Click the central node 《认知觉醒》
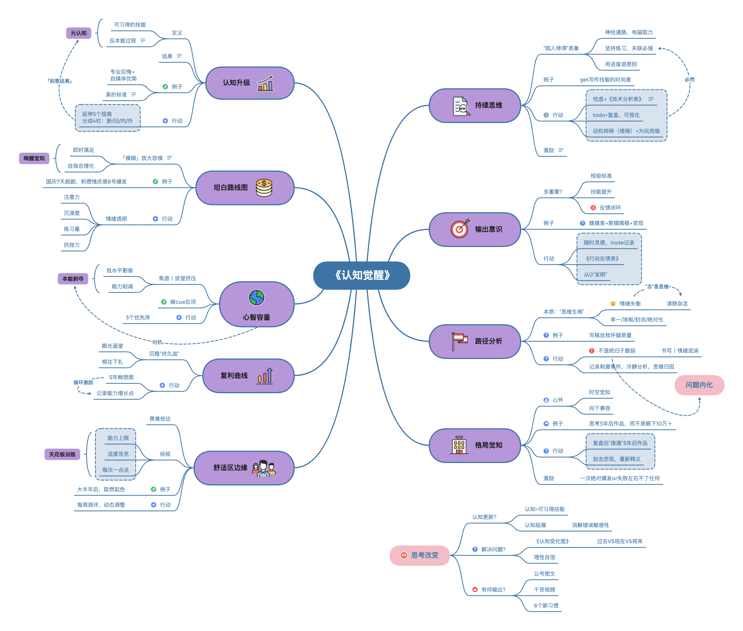[x=361, y=275]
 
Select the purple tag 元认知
[x=78, y=33]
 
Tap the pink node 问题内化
[x=699, y=385]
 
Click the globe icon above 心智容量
[x=256, y=297]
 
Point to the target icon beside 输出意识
[x=460, y=229]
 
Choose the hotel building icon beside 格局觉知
[x=459, y=445]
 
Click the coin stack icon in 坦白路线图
[x=264, y=188]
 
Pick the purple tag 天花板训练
[x=62, y=454]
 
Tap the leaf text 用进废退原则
[x=621, y=64]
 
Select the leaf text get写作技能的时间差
[x=605, y=80]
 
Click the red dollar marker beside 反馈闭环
[x=593, y=208]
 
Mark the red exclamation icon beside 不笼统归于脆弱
[x=591, y=351]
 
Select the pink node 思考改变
[x=419, y=555]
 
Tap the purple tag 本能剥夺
[x=73, y=279]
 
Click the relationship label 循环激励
[x=83, y=382]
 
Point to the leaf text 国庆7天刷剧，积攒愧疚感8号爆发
[x=86, y=182]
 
